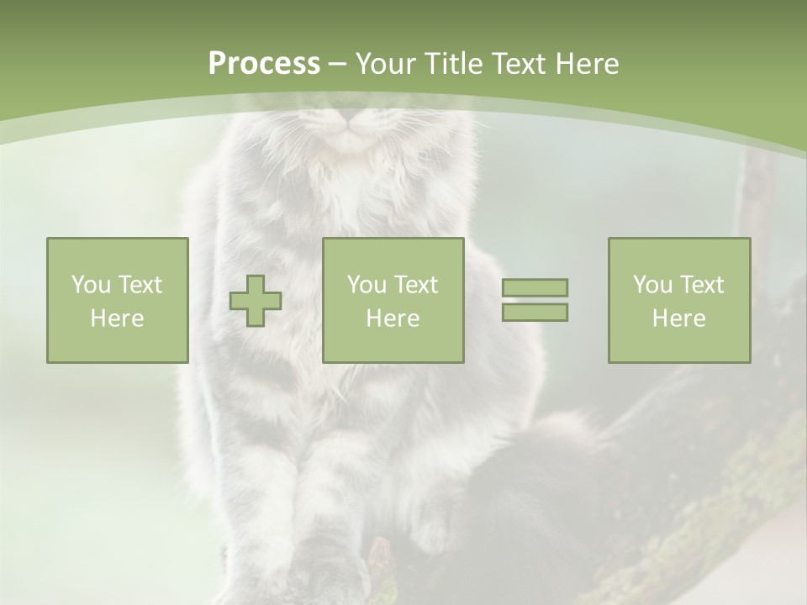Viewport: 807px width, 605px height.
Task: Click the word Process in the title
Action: [x=264, y=64]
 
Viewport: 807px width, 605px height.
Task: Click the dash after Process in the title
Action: [x=338, y=65]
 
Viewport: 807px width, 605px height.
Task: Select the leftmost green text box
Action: [x=117, y=300]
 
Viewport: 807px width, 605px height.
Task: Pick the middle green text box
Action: [x=393, y=300]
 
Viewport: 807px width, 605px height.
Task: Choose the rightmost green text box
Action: [x=678, y=300]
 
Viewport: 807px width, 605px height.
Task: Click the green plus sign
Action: [x=256, y=301]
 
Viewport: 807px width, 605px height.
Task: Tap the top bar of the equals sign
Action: [x=535, y=287]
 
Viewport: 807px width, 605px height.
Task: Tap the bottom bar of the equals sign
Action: [x=535, y=312]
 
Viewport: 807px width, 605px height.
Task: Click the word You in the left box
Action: [x=91, y=285]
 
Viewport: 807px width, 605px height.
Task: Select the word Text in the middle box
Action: [x=415, y=285]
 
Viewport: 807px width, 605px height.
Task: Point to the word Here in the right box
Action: [x=678, y=318]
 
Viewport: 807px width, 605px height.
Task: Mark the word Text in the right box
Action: [x=701, y=285]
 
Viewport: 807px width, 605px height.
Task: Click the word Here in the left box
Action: [x=117, y=318]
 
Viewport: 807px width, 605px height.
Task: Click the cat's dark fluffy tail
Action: [x=538, y=471]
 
